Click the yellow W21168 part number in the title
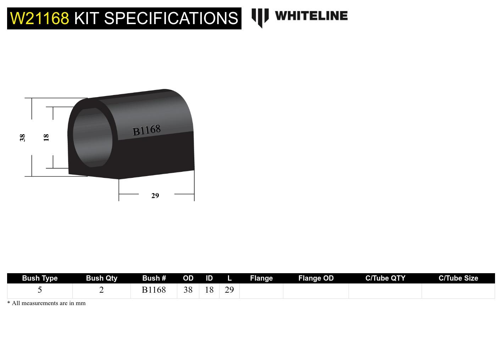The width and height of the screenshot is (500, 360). click(x=39, y=18)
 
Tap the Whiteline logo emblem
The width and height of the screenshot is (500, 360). click(x=260, y=17)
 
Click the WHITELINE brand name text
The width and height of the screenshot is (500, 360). click(x=311, y=16)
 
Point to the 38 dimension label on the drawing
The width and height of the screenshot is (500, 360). click(x=22, y=137)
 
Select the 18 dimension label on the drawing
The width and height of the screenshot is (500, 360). click(x=46, y=137)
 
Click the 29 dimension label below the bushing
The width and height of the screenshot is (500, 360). click(x=155, y=196)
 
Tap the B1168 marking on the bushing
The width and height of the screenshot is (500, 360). click(x=146, y=130)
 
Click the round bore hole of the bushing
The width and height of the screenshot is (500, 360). click(x=93, y=137)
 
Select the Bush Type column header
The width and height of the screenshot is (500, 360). click(x=40, y=278)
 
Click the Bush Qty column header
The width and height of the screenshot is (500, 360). click(x=101, y=278)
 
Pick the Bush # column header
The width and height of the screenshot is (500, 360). click(x=154, y=278)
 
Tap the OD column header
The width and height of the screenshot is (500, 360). click(x=188, y=278)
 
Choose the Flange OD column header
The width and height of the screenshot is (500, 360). click(x=316, y=278)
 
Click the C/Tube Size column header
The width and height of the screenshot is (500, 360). click(x=458, y=278)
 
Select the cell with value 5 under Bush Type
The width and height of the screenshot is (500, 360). click(x=40, y=290)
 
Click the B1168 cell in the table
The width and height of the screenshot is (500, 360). click(x=154, y=290)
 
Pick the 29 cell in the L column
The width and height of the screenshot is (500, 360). click(x=229, y=290)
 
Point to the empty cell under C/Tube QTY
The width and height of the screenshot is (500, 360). click(x=385, y=291)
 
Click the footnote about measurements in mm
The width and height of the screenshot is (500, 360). click(x=46, y=303)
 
